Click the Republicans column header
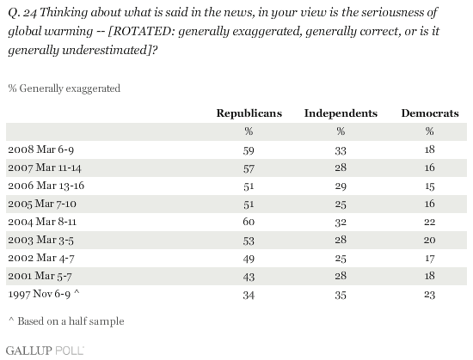click(249, 113)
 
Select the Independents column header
click(341, 113)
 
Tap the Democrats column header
click(430, 113)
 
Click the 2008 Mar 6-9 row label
click(41, 149)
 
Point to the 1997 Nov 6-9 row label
click(44, 294)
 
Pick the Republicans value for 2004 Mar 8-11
click(249, 222)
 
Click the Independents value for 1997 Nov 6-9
click(341, 295)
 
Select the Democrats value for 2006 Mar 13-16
click(429, 186)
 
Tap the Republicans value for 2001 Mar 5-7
click(249, 277)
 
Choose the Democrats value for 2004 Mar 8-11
click(429, 222)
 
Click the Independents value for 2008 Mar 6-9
click(341, 150)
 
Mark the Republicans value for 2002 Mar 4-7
click(249, 259)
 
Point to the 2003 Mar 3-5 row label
click(40, 240)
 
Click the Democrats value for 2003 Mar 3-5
click(429, 240)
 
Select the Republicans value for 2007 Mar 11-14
click(249, 168)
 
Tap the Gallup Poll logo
click(45, 351)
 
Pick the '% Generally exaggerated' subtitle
click(64, 88)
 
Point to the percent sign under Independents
click(341, 131)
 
